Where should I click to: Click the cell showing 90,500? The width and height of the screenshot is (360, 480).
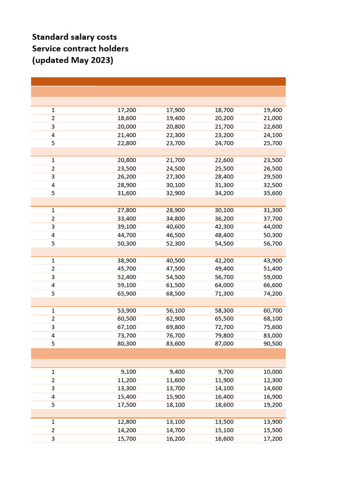(273, 344)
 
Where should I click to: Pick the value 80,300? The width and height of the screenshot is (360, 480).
(127, 344)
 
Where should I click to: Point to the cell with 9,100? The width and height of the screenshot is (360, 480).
(128, 372)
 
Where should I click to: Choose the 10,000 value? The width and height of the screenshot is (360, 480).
(273, 372)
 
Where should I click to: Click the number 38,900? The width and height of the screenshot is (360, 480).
(127, 260)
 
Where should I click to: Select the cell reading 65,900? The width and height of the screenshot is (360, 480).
(127, 293)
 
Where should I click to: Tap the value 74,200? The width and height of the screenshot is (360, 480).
(273, 293)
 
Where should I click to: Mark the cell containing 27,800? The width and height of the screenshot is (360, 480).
(127, 210)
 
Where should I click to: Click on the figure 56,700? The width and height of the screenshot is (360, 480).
(273, 243)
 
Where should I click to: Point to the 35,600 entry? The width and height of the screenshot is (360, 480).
(273, 193)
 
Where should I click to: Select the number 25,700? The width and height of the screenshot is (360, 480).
(273, 143)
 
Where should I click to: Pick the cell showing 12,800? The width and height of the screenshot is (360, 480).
(127, 422)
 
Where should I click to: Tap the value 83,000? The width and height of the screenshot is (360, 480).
(273, 335)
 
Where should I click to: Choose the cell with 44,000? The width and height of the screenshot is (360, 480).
(273, 227)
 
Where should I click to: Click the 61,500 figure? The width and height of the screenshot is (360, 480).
(175, 285)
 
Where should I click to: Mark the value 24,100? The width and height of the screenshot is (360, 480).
(273, 135)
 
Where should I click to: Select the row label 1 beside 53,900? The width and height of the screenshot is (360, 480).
(53, 310)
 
